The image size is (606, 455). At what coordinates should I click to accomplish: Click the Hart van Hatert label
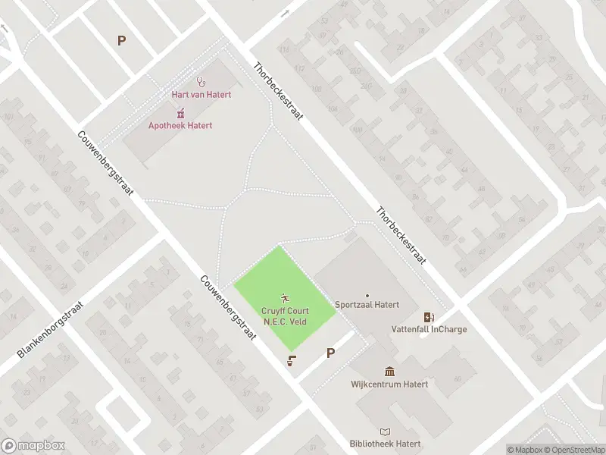tap(201, 94)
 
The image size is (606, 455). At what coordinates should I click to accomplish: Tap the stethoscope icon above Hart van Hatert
tap(201, 81)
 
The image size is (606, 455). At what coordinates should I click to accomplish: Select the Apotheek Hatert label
tap(180, 126)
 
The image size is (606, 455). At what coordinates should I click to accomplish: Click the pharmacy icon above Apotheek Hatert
tap(180, 113)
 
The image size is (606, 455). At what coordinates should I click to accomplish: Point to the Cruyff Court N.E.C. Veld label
tap(284, 315)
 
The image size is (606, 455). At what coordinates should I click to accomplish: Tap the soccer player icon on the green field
tap(285, 298)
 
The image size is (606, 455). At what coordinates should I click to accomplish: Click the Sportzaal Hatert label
tap(367, 309)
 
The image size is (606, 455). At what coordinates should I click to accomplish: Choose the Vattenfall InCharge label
tap(429, 329)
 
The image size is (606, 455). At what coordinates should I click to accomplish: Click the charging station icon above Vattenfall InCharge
tap(429, 317)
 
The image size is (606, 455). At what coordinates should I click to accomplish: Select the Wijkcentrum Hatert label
tap(389, 384)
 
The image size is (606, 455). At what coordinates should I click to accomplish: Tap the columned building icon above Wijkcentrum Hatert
tap(389, 371)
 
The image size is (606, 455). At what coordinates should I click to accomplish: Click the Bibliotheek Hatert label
tap(385, 444)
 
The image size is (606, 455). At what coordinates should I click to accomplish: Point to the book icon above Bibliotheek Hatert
tap(385, 431)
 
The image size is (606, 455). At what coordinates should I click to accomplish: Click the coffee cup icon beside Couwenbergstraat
tap(291, 361)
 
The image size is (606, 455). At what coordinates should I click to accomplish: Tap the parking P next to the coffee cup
tap(330, 353)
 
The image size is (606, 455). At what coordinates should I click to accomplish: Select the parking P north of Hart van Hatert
tap(121, 41)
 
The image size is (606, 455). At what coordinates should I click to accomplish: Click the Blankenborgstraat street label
tap(51, 329)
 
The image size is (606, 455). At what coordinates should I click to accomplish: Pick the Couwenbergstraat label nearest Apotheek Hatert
tap(106, 163)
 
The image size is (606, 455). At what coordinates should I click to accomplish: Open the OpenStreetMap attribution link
tap(573, 450)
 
